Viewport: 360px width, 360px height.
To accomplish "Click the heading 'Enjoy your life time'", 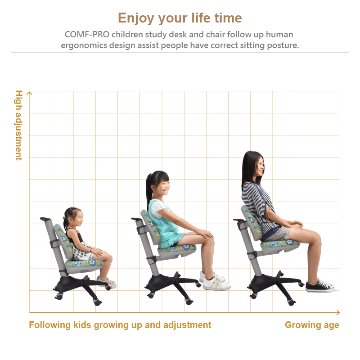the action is pyautogui.click(x=180, y=18).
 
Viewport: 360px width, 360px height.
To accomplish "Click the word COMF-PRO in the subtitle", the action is pyautogui.click(x=87, y=35).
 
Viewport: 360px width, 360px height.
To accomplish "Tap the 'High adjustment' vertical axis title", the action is pyautogui.click(x=19, y=126).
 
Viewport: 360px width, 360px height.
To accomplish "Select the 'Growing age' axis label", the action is pyautogui.click(x=312, y=325).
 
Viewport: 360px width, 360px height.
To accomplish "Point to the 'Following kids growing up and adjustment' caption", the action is pyautogui.click(x=120, y=325).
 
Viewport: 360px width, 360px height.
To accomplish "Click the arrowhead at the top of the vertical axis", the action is pyautogui.click(x=29, y=93).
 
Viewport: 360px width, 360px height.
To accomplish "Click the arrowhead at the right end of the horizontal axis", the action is pyautogui.click(x=338, y=312).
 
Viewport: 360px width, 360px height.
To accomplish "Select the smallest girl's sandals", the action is pyautogui.click(x=107, y=282).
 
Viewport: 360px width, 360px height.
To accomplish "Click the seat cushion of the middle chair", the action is pyautogui.click(x=177, y=248).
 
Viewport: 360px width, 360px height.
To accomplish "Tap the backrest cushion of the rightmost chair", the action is pyautogui.click(x=251, y=222).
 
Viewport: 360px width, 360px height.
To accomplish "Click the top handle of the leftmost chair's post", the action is pyautogui.click(x=45, y=219).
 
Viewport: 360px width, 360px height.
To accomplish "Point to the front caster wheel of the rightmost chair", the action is pyautogui.click(x=291, y=302).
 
